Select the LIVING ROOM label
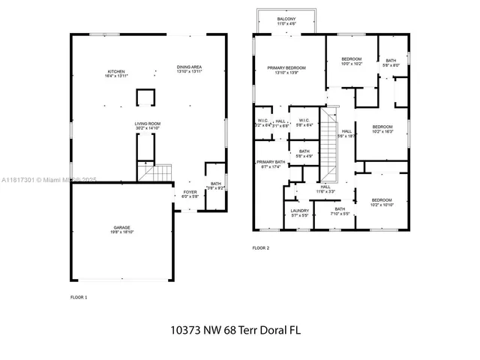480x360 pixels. pos(148,125)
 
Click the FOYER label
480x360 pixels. pos(190,193)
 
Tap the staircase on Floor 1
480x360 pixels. pos(155,173)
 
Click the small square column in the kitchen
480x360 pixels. pos(145,98)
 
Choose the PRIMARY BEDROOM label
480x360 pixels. pos(287,70)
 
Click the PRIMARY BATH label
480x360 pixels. pos(271,163)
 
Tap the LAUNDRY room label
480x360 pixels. pos(299,212)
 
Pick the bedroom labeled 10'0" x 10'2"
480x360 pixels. pos(352,61)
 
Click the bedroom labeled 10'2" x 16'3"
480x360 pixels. pos(382,129)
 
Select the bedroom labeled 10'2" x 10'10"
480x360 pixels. pos(382,202)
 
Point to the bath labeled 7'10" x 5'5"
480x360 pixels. pos(340,211)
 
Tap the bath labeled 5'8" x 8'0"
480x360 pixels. pos(391,62)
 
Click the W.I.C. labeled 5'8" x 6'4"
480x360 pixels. pos(304,122)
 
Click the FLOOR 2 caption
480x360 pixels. pos(260,247)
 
